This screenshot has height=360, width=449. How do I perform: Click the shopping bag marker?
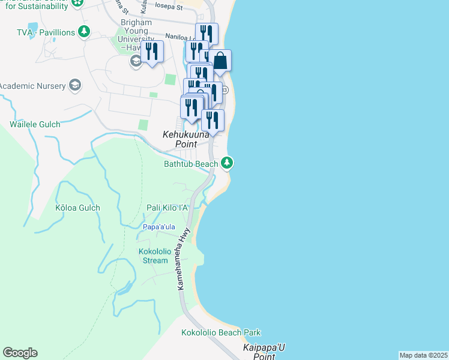point(220,61)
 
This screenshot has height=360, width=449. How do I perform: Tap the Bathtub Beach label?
point(191,163)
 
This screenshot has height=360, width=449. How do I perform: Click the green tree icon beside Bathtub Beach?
point(227,162)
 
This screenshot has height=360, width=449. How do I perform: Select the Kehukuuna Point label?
point(186,139)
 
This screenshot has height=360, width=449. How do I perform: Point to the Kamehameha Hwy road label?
point(184,259)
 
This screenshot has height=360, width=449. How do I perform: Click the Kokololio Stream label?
point(155,256)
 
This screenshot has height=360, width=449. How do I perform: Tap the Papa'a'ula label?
point(159,227)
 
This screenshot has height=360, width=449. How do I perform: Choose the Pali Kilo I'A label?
point(167,208)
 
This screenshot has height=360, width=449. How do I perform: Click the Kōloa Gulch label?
point(77,208)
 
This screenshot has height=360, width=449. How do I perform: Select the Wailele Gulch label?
point(35,125)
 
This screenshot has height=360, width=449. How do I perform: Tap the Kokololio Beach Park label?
point(221,332)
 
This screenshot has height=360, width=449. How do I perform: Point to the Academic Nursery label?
point(32,86)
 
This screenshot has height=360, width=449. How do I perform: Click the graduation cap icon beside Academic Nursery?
point(76,85)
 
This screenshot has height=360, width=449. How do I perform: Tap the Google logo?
point(20,353)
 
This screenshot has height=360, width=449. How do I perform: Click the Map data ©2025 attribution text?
point(424,355)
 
